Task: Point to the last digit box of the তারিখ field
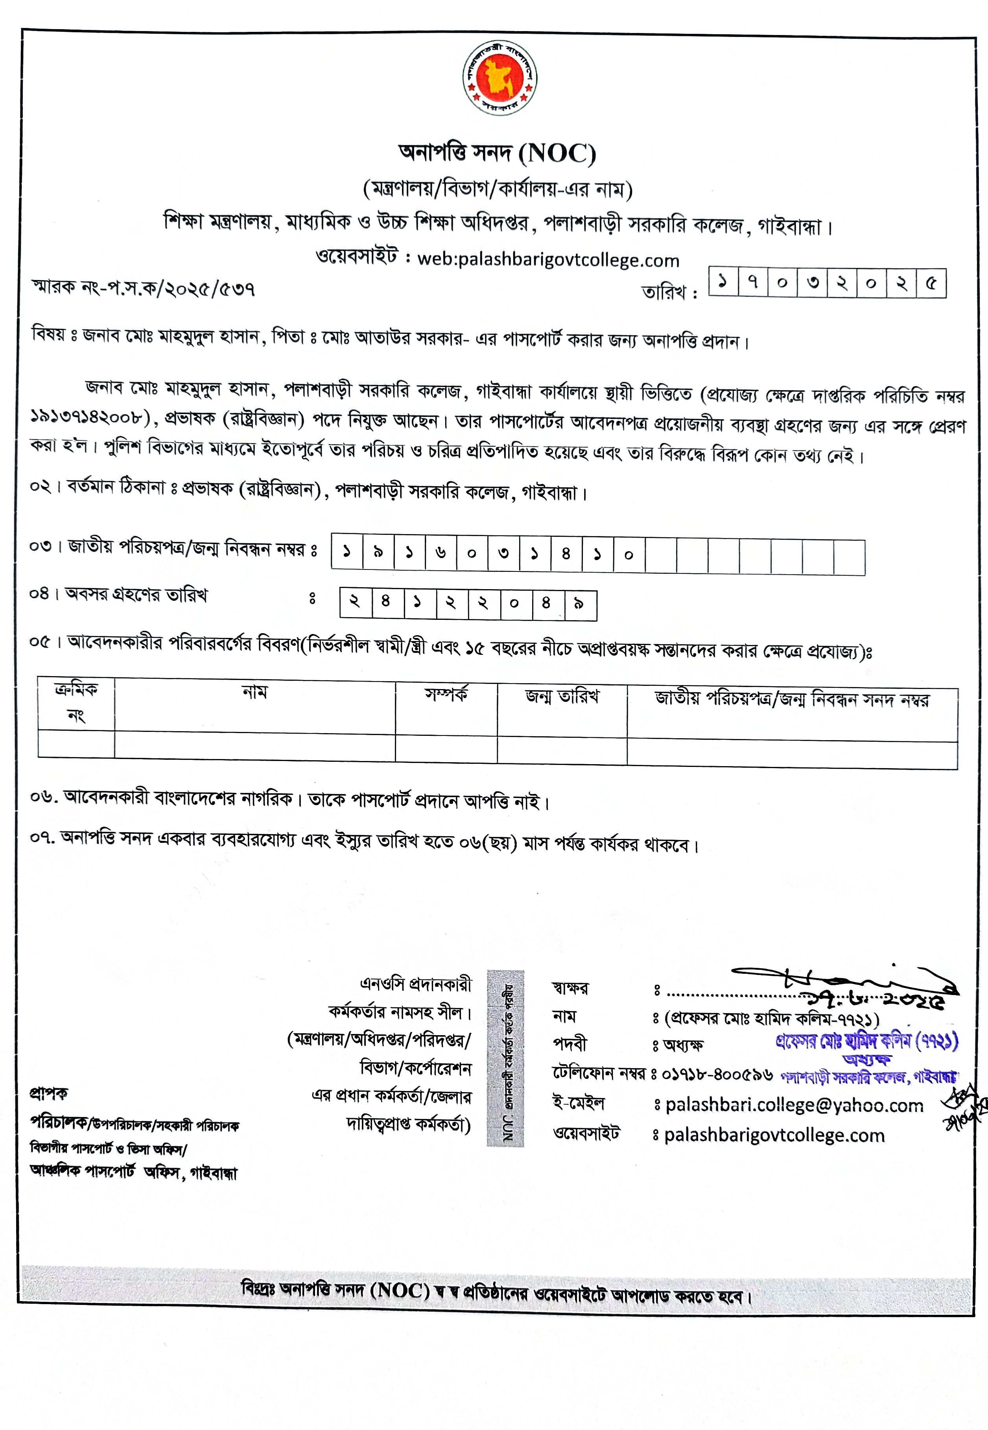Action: [x=931, y=284]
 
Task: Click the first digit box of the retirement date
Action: [x=355, y=603]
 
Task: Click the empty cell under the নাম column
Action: [x=254, y=746]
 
